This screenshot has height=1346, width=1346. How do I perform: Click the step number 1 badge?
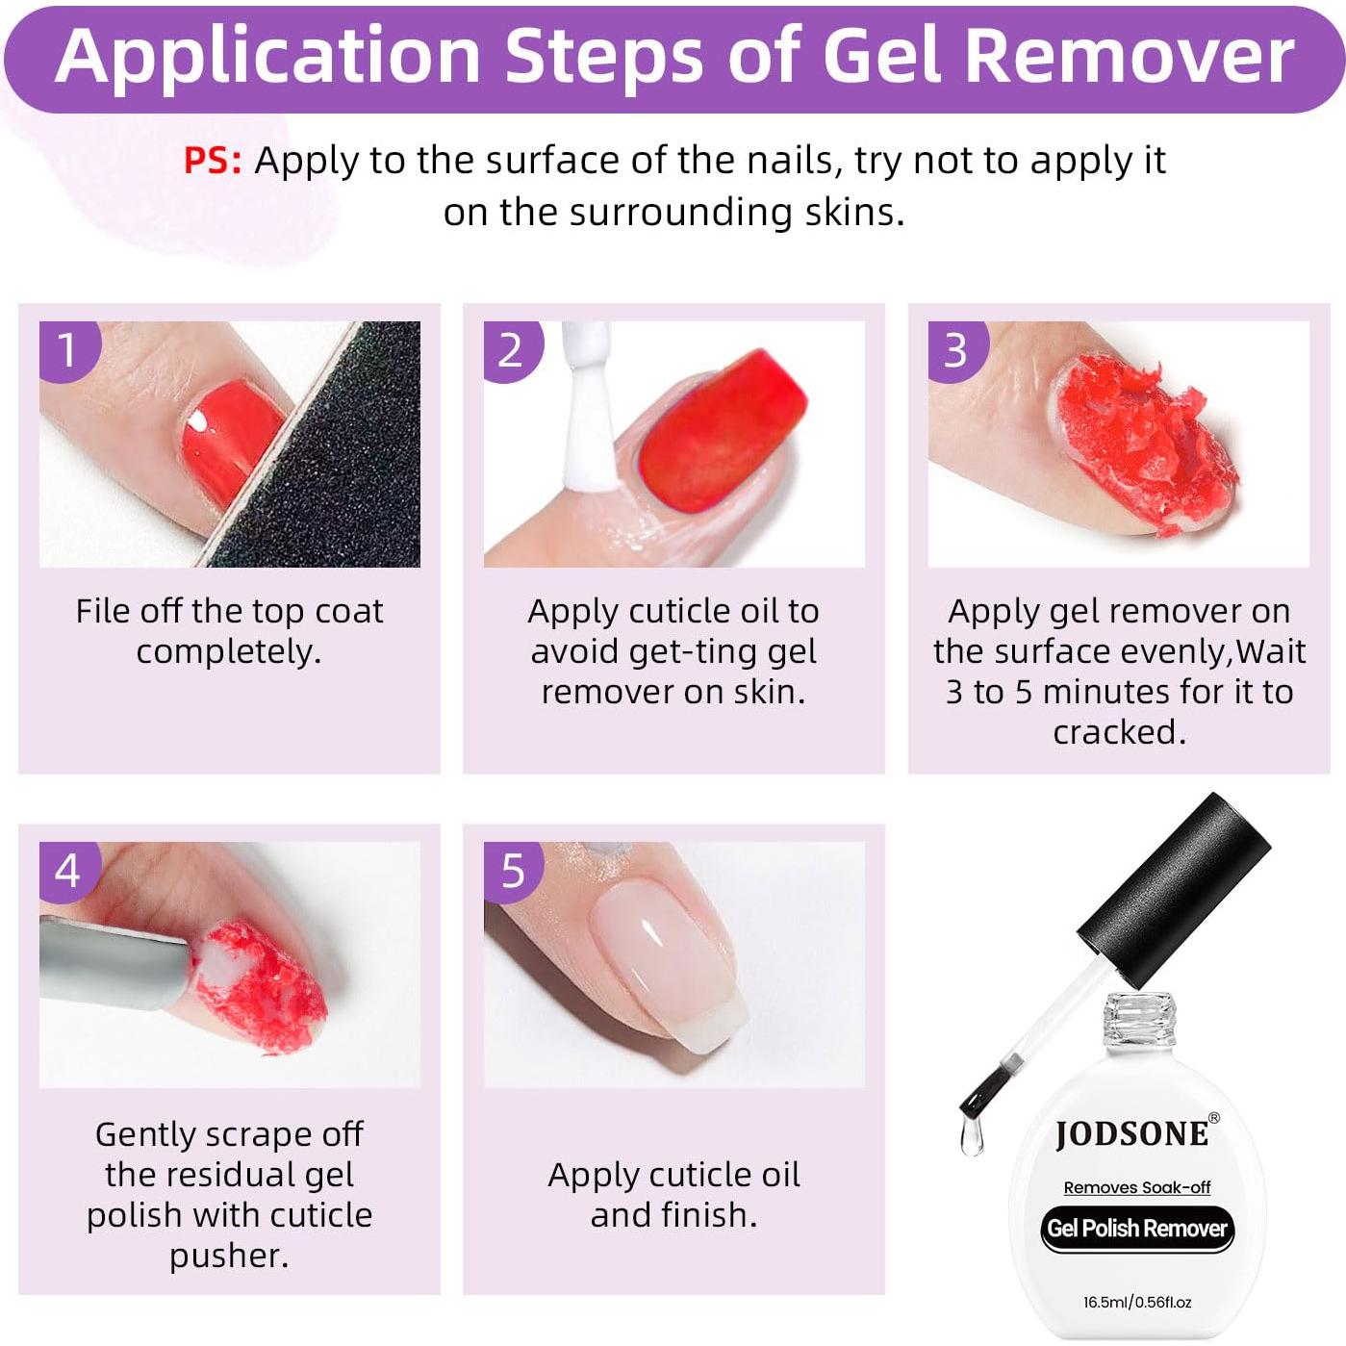tap(66, 349)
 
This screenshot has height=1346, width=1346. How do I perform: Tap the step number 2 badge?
tap(511, 349)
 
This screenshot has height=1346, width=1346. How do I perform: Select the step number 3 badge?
tap(955, 349)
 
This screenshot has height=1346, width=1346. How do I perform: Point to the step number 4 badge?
tap(67, 870)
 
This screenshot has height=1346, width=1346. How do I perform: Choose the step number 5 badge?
tap(512, 870)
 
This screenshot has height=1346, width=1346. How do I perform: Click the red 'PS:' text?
tap(213, 161)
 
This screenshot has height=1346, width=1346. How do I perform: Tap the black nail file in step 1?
tap(337, 452)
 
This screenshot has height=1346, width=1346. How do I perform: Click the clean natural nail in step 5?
tap(664, 962)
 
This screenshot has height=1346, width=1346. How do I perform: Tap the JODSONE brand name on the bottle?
tap(1132, 1134)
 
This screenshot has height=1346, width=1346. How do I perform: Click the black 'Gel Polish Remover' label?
tap(1136, 1229)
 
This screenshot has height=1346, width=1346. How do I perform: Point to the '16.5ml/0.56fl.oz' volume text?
tap(1137, 1302)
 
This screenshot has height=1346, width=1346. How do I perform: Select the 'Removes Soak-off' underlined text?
tap(1136, 1187)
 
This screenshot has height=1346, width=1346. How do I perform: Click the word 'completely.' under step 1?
tap(229, 652)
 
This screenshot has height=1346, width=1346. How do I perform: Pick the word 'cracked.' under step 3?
tap(1119, 733)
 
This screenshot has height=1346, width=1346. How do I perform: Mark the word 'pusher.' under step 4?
tap(229, 1256)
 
